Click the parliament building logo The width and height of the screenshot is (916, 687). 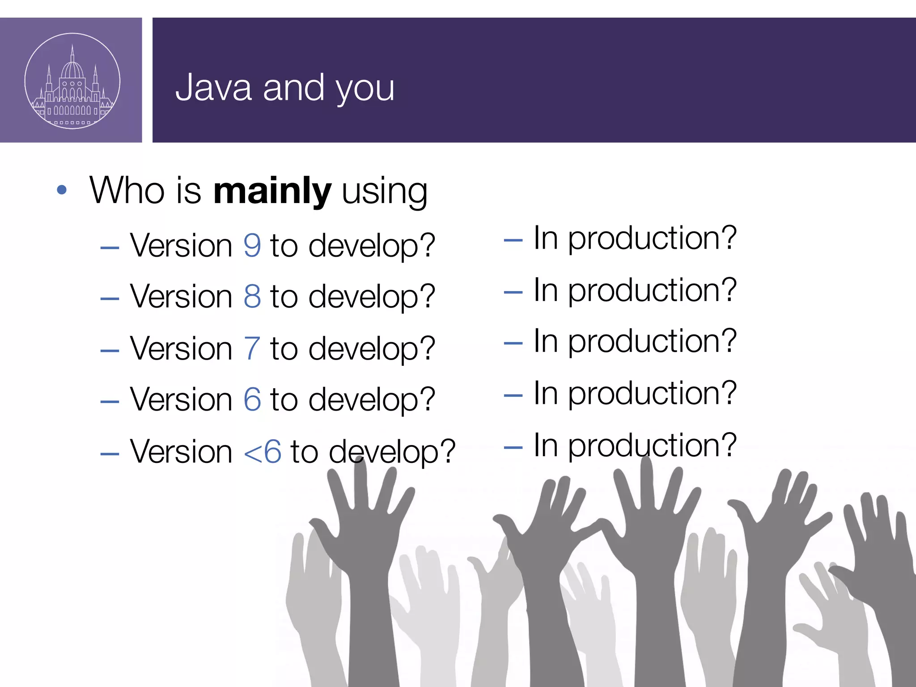[x=72, y=81]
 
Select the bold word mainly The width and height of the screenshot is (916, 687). [x=272, y=191]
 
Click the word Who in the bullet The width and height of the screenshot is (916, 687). [x=127, y=191]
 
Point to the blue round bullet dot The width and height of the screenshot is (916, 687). [x=62, y=190]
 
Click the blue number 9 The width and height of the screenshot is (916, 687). [x=252, y=246]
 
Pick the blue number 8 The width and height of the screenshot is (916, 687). [x=252, y=297]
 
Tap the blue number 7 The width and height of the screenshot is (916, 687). [x=252, y=348]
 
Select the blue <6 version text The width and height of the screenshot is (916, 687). [x=263, y=452]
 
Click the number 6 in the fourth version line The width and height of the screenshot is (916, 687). [x=252, y=399]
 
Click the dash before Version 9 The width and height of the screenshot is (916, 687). [x=110, y=247]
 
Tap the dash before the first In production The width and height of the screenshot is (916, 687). [x=513, y=240]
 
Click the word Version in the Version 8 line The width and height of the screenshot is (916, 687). [x=181, y=297]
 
